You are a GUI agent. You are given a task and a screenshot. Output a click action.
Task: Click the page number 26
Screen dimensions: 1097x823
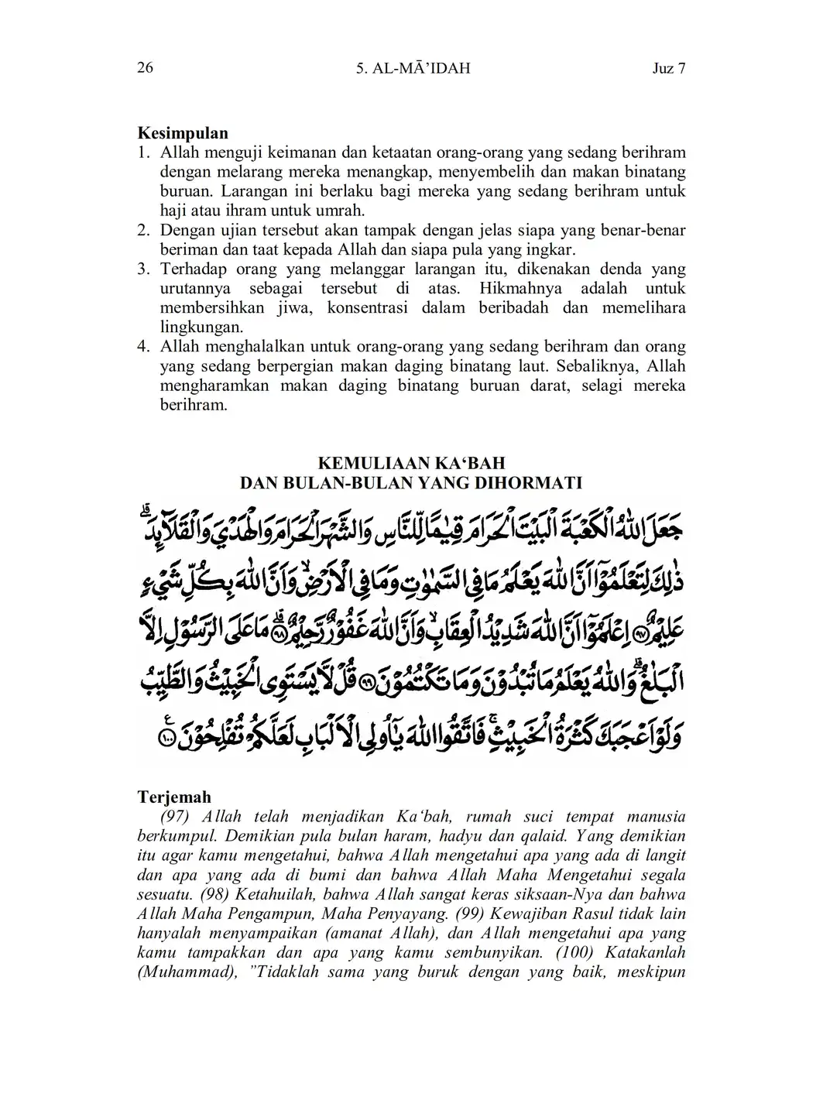[x=145, y=68]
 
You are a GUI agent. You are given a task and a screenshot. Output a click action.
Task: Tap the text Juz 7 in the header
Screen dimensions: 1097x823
[x=669, y=68]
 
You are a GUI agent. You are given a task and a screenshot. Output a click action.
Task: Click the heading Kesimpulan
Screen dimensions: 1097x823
[x=183, y=133]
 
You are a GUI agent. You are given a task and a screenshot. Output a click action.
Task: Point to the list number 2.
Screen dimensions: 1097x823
[x=143, y=230]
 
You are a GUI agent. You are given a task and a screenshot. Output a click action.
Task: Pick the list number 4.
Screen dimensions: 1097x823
[x=143, y=346]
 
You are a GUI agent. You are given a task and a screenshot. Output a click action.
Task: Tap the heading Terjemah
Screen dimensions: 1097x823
[x=174, y=797]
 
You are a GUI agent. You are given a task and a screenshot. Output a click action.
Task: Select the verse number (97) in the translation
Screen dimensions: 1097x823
[x=177, y=817]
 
